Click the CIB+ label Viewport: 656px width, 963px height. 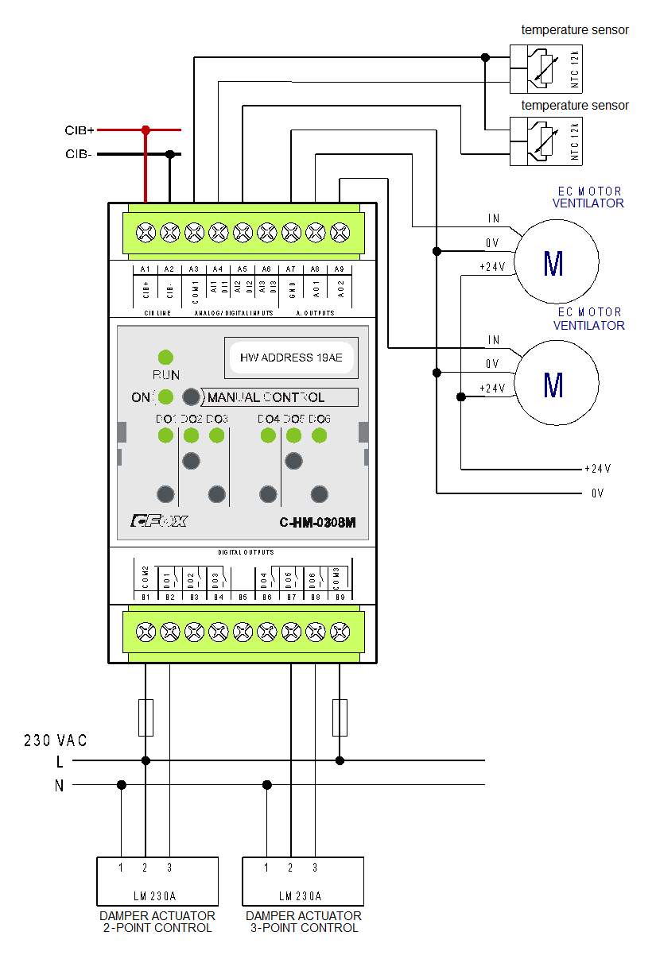[x=80, y=130]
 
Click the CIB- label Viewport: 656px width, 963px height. [x=80, y=154]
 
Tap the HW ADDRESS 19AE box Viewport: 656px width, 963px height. [x=290, y=358]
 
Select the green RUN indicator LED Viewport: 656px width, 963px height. [x=166, y=358]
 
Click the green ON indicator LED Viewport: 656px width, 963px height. [x=166, y=396]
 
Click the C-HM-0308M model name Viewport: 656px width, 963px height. [x=316, y=522]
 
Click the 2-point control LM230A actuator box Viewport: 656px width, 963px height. [x=157, y=882]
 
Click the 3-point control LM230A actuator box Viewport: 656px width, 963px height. [x=303, y=882]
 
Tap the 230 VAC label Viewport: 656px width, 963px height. [x=56, y=741]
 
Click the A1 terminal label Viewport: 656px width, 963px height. [x=146, y=270]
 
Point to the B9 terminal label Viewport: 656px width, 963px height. [x=340, y=596]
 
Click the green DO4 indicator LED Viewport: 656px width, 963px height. [x=268, y=435]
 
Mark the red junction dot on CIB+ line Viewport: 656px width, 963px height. [x=146, y=130]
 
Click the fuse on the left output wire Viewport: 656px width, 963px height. [x=146, y=717]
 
